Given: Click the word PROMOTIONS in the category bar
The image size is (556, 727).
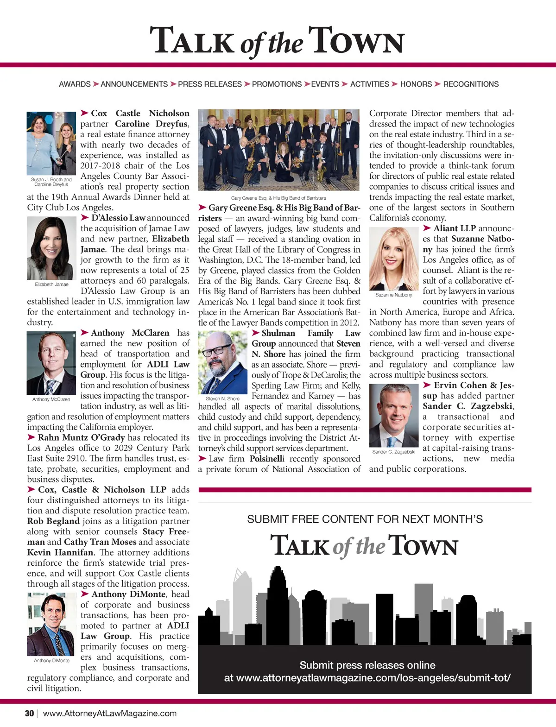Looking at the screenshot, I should click(x=277, y=84).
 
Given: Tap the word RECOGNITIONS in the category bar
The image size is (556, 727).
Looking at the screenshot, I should click(x=471, y=84).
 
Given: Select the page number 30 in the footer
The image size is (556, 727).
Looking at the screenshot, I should click(x=29, y=713).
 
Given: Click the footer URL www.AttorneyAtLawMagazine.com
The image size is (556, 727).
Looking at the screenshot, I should click(x=110, y=713).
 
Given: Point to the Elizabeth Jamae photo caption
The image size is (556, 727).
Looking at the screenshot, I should click(x=51, y=284).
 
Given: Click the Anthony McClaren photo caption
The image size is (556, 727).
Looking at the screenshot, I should click(x=51, y=399).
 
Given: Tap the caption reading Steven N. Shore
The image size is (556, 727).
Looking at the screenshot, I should click(x=222, y=398).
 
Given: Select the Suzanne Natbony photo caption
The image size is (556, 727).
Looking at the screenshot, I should click(x=393, y=295).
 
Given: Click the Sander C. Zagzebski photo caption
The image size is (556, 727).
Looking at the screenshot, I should click(x=393, y=451).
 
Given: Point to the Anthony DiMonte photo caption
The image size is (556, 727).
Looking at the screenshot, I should click(x=51, y=660).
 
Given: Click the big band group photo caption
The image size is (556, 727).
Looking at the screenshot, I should click(x=278, y=198).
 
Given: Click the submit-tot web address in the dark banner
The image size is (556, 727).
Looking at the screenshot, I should click(x=367, y=678).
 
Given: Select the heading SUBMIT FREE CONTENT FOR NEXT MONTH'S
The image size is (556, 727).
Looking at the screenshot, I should click(x=365, y=519).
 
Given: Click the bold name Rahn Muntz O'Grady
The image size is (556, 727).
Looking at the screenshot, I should click(x=82, y=437).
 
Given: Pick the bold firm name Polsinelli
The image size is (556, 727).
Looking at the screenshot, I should click(x=267, y=459).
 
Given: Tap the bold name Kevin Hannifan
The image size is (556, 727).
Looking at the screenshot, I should click(x=60, y=552).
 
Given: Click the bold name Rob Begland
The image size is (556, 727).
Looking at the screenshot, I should click(x=53, y=521).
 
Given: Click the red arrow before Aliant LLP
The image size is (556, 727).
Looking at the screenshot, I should click(x=427, y=228).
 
